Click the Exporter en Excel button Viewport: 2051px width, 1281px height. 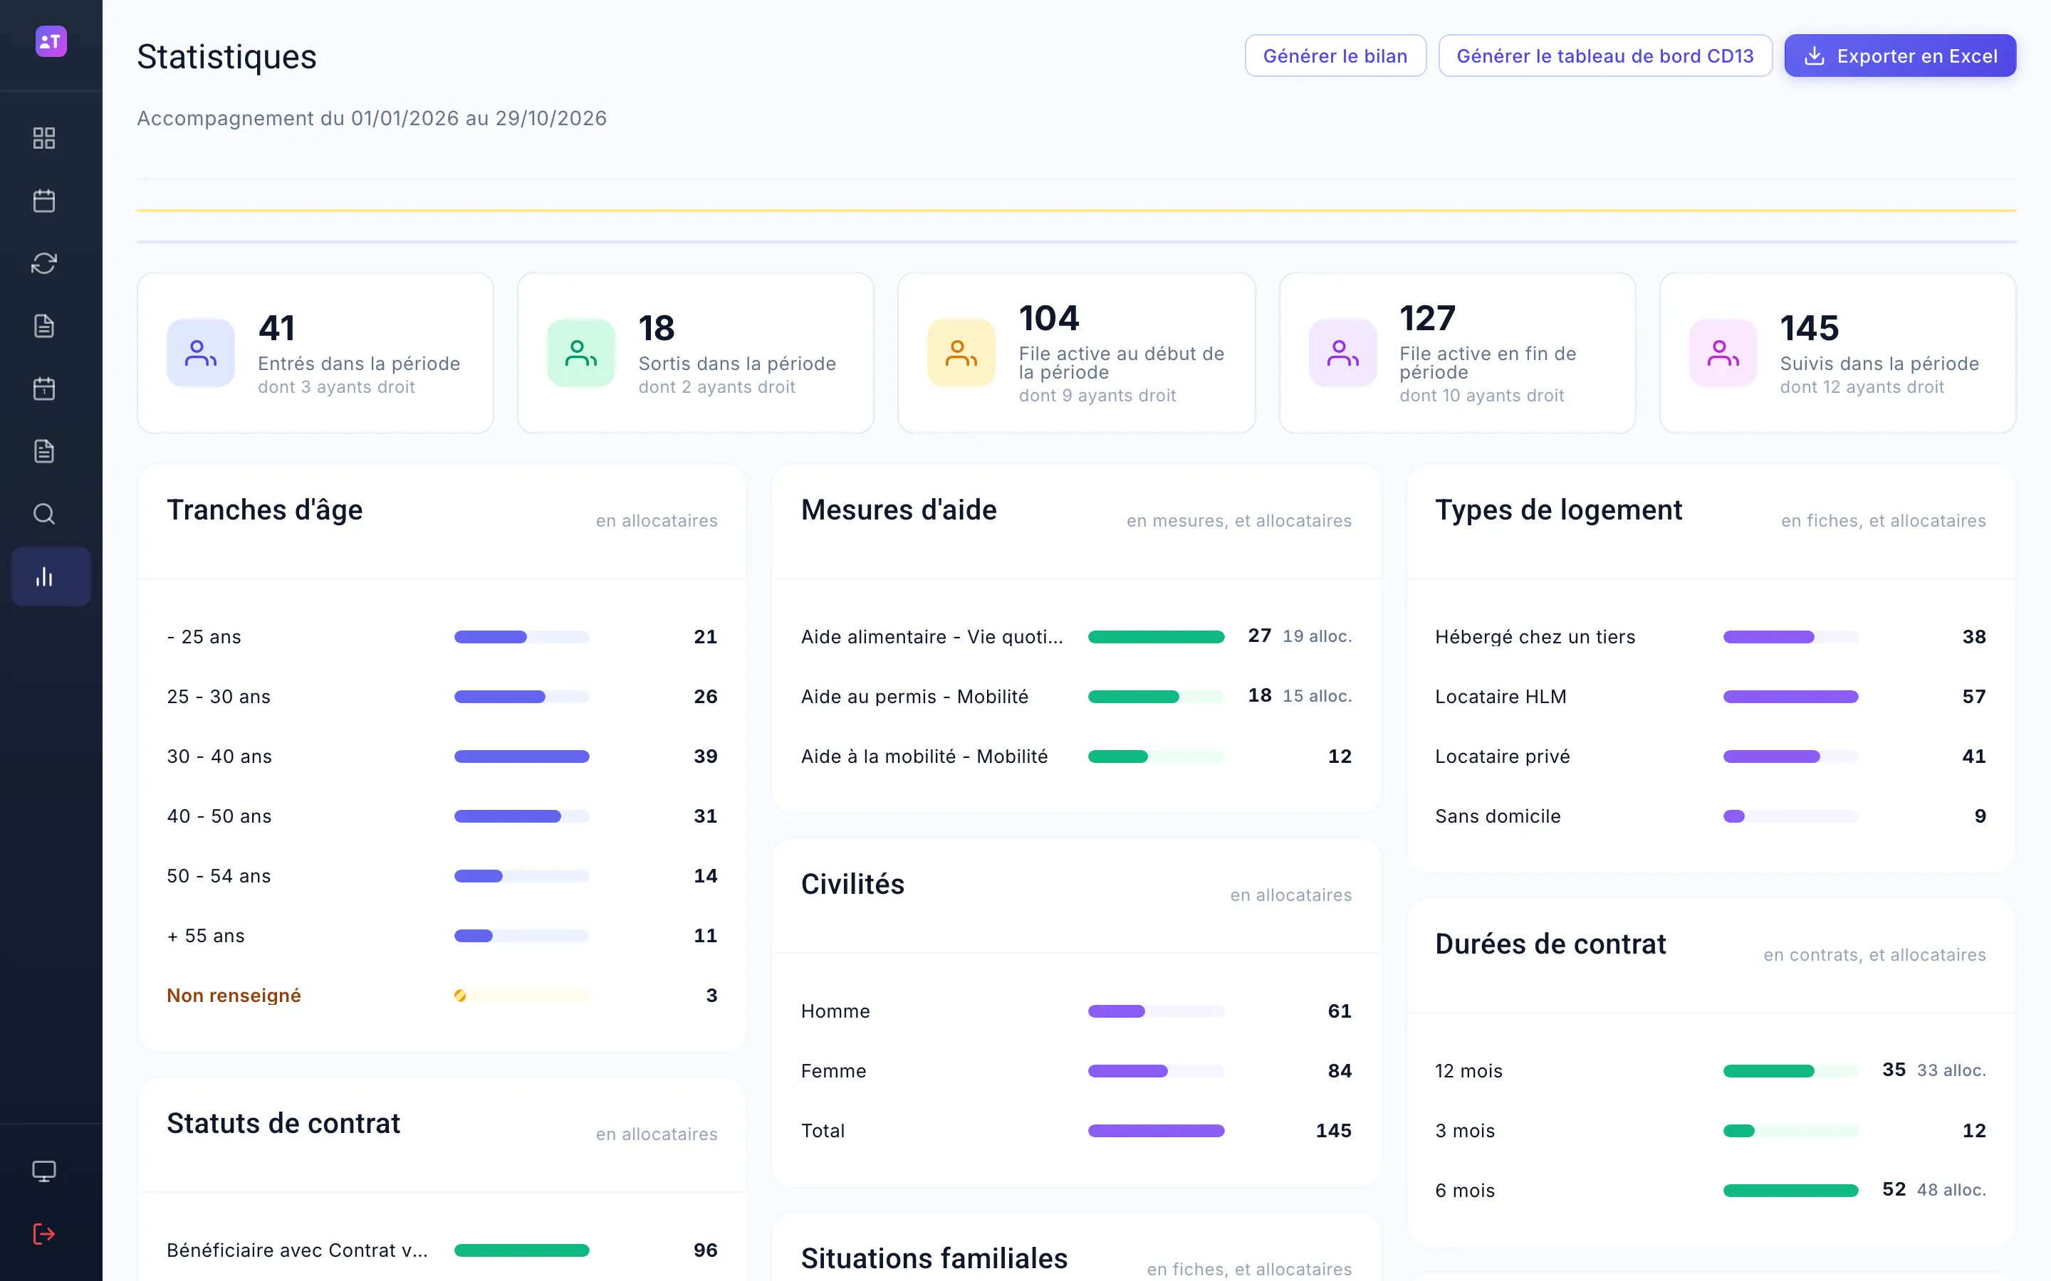pyautogui.click(x=1899, y=56)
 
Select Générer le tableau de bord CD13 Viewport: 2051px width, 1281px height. pyautogui.click(x=1604, y=56)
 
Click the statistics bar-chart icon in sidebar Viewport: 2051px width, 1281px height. pyautogui.click(x=44, y=577)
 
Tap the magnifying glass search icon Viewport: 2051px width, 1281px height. pyautogui.click(x=44, y=515)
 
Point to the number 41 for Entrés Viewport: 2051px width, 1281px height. pyautogui.click(x=277, y=328)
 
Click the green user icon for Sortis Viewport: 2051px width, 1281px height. pyautogui.click(x=580, y=352)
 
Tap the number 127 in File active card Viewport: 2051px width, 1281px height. pyautogui.click(x=1427, y=319)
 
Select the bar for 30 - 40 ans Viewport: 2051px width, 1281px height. pyautogui.click(x=521, y=757)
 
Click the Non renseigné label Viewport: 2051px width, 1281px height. pyautogui.click(x=234, y=996)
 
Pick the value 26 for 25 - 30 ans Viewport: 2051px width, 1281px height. pyautogui.click(x=705, y=697)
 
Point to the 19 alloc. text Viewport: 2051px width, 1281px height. pyautogui.click(x=1317, y=636)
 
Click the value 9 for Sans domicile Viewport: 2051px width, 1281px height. pyautogui.click(x=1980, y=816)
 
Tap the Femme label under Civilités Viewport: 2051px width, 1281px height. pyautogui.click(x=833, y=1071)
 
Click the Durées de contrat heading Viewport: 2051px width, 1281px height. pyautogui.click(x=1550, y=944)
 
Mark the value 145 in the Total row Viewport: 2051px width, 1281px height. pyautogui.click(x=1333, y=1131)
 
